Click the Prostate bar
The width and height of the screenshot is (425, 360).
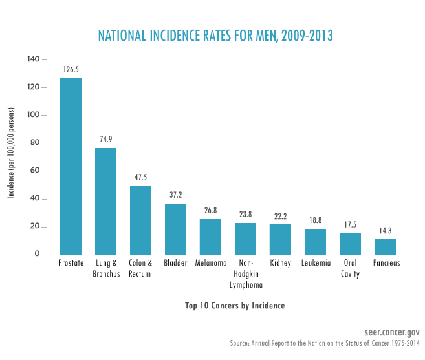71,167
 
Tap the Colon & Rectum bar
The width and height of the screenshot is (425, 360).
141,220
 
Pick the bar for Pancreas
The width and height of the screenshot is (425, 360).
386,247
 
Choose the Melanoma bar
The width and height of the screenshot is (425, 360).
211,237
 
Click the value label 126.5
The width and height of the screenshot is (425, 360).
71,69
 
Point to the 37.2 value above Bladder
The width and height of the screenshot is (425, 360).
176,194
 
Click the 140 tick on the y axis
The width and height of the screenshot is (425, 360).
34,59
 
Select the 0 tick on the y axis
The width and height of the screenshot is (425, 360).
38,255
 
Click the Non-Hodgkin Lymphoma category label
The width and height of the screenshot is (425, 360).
246,274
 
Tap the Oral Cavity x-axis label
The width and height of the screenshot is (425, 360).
351,269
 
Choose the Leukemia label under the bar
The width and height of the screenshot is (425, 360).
316,264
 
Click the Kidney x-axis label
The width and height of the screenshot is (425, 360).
281,264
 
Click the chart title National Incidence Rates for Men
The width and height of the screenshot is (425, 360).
215,36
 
